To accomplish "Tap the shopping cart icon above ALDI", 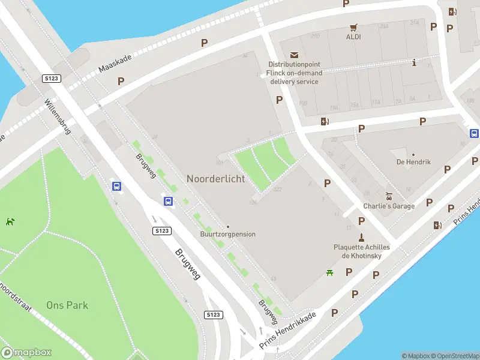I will [x=353, y=27].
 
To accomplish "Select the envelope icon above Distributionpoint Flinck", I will [x=294, y=55].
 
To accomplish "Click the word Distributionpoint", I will [x=295, y=65].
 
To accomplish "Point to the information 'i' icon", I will [x=414, y=62].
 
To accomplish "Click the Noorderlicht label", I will [x=215, y=179].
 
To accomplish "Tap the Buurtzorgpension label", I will [x=227, y=234].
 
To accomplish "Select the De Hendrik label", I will [x=413, y=162].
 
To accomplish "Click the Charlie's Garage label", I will [x=389, y=206].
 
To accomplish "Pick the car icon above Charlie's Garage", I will [x=389, y=196].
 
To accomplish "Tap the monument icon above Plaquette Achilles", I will [x=361, y=236].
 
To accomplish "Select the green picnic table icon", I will [x=329, y=273].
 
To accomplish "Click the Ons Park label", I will [x=67, y=305].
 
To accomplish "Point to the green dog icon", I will [x=10, y=221].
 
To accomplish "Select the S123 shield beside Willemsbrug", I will [x=50, y=79].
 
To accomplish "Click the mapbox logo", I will [x=26, y=352].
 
